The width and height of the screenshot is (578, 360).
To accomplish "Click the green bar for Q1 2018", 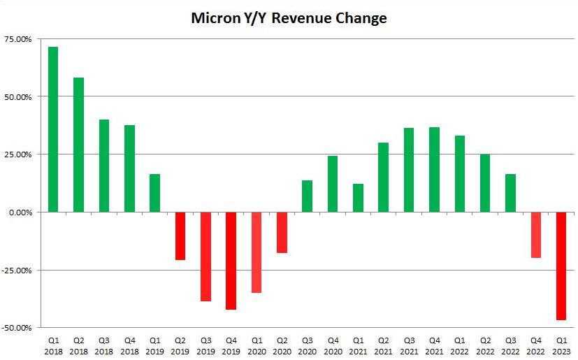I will pyautogui.click(x=53, y=129).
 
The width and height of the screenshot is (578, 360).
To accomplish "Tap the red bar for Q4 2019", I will pyautogui.click(x=231, y=260).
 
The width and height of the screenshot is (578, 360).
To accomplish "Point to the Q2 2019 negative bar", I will pyautogui.click(x=180, y=236).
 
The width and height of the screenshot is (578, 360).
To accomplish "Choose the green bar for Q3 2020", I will pyautogui.click(x=307, y=196).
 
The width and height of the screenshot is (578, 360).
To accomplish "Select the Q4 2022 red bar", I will pyautogui.click(x=536, y=235).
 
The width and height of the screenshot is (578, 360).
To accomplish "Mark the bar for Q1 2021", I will pyautogui.click(x=358, y=198).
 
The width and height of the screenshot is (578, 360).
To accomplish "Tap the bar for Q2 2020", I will pyautogui.click(x=282, y=232).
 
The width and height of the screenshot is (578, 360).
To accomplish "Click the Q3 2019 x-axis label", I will pyautogui.click(x=205, y=345).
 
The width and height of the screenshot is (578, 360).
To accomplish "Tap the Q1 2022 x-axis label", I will pyautogui.click(x=460, y=345).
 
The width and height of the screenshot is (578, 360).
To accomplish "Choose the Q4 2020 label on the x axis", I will pyautogui.click(x=333, y=345).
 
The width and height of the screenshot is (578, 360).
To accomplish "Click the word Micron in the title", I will pyautogui.click(x=215, y=19).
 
